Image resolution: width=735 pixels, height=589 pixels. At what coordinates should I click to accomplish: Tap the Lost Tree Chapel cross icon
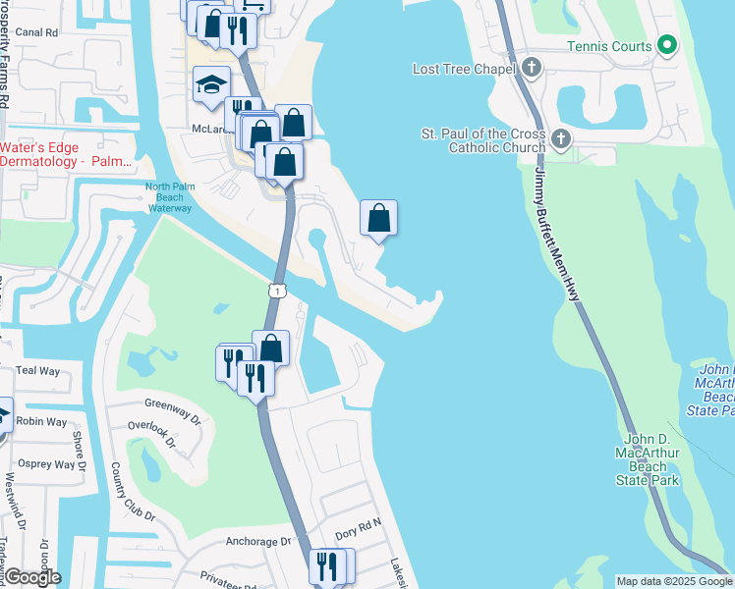point(532,68)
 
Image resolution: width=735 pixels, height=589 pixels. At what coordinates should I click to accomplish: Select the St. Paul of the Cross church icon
point(561,138)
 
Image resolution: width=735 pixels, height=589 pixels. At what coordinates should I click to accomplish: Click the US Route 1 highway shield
point(279,291)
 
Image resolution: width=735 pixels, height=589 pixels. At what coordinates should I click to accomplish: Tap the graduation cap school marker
point(211,85)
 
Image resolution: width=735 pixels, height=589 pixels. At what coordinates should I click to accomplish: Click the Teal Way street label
point(38,371)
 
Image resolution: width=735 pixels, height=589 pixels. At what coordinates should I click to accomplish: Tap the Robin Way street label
point(42,422)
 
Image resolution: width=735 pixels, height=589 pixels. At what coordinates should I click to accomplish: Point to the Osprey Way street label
point(46,464)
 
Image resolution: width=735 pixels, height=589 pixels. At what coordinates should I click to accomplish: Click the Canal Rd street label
point(38,32)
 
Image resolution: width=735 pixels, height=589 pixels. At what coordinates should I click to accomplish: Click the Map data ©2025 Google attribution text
point(674,581)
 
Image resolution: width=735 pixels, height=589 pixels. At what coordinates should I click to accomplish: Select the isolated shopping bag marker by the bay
point(378,219)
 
